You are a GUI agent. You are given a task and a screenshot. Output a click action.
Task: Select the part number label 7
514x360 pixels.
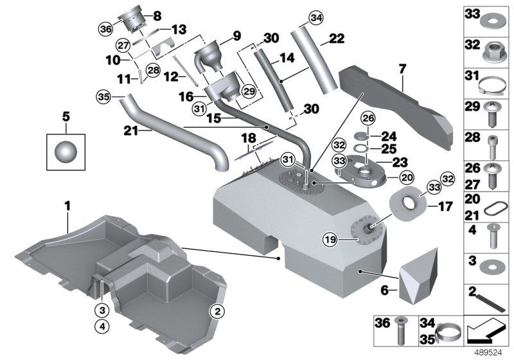pyautogui.click(x=402, y=67)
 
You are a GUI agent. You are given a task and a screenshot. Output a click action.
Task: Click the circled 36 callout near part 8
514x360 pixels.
pyautogui.click(x=105, y=29)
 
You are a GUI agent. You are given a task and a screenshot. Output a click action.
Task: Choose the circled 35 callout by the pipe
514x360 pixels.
pyautogui.click(x=102, y=97)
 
